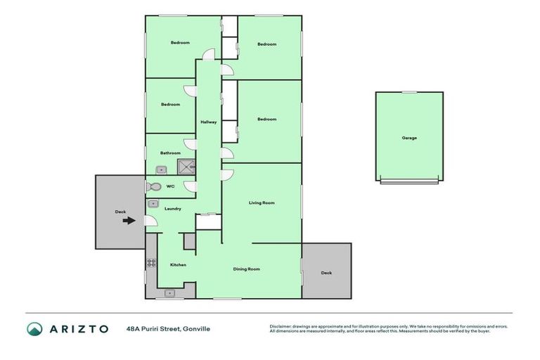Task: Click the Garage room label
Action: (x=409, y=138)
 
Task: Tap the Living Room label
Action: (x=262, y=202)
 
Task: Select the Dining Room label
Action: (x=247, y=269)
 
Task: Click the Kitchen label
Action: (x=178, y=264)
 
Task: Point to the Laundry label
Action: (x=173, y=208)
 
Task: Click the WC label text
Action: (x=170, y=186)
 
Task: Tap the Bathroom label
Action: (x=170, y=153)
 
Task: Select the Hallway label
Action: (x=208, y=122)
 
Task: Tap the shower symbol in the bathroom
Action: (x=186, y=167)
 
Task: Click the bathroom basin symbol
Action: (x=161, y=169)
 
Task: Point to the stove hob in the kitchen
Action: (x=150, y=263)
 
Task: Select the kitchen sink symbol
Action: (x=169, y=292)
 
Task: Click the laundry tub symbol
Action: (x=153, y=204)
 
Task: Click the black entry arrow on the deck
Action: (x=129, y=221)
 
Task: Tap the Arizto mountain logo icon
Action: (x=34, y=328)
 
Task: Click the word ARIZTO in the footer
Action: (x=79, y=328)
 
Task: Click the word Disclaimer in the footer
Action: (x=281, y=326)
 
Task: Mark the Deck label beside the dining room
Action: (x=326, y=273)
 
